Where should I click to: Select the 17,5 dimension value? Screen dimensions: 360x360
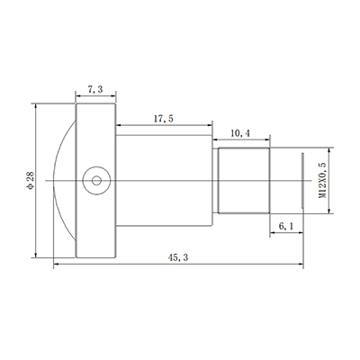[164, 119]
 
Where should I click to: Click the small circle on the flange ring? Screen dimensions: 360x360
[95, 180]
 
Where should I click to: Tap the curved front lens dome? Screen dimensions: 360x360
[63, 180]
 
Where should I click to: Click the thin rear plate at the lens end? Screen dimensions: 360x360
[301, 180]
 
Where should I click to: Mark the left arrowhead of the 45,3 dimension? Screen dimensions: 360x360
[57, 265]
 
